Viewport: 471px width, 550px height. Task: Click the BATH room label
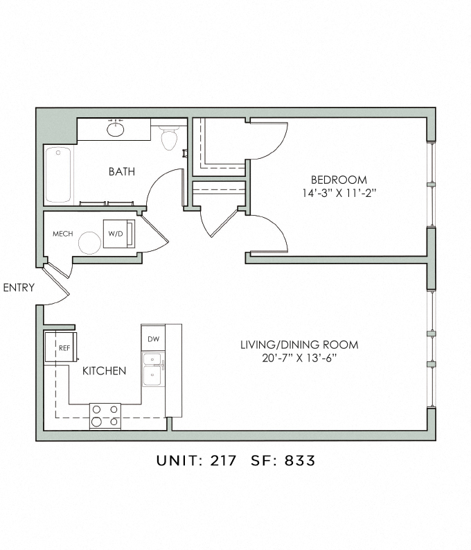(121, 171)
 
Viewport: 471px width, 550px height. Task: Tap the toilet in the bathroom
(170, 138)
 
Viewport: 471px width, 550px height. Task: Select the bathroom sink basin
(115, 129)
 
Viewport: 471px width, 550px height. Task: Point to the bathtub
(58, 174)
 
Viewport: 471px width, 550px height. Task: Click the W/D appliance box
(119, 234)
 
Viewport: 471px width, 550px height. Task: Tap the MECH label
(62, 234)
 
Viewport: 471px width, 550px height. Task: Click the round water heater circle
(89, 243)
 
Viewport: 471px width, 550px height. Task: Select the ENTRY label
(19, 288)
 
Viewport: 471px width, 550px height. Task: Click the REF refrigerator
(61, 347)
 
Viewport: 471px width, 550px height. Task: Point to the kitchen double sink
(152, 370)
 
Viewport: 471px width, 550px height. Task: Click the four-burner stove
(105, 416)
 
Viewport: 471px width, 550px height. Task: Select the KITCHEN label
(104, 371)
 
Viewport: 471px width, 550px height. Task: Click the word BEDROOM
(339, 180)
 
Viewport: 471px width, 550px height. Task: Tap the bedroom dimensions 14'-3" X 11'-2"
(339, 193)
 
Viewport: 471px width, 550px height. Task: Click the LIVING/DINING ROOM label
(299, 345)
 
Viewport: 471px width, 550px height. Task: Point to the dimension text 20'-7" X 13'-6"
(299, 358)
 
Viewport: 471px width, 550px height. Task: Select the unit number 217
(223, 461)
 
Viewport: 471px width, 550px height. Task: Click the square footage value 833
(300, 461)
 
